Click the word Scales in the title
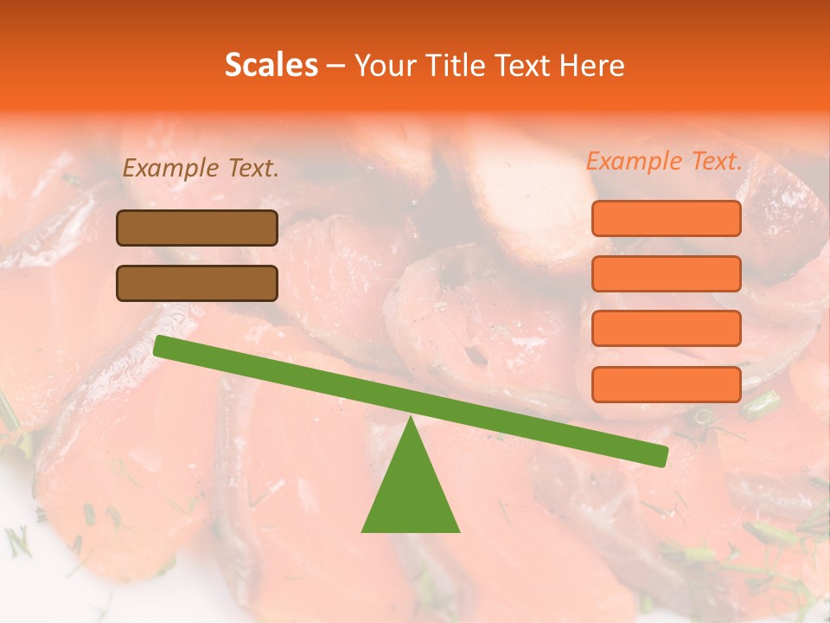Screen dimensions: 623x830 pos(271,65)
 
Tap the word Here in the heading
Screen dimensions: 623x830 pos(592,65)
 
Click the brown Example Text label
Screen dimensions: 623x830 pos(201,169)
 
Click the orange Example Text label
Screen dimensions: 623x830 pos(664,161)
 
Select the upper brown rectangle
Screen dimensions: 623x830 pos(197,228)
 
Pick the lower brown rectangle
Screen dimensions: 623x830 pos(197,283)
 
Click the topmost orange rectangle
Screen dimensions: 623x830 pos(667,218)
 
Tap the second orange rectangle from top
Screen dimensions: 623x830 pos(667,273)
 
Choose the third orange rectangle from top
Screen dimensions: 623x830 pos(667,328)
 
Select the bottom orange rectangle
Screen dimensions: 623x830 pos(667,384)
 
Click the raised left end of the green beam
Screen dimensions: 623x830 pos(161,345)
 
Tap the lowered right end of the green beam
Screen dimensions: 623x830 pos(661,456)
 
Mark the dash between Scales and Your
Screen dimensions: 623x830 pos(336,66)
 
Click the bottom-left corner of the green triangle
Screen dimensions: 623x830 pos(363,530)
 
